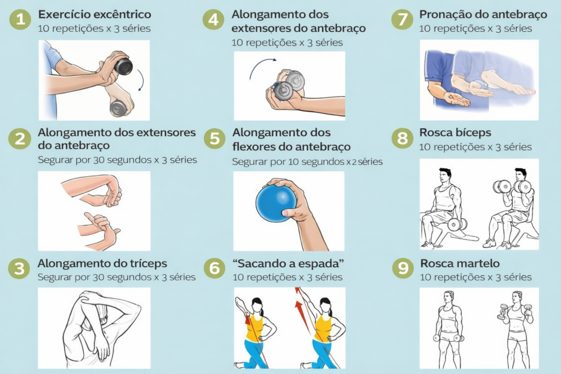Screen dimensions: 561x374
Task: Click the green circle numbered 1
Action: tap(20, 19)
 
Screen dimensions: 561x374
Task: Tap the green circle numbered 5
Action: tap(215, 139)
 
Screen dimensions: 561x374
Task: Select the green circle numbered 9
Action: tap(403, 268)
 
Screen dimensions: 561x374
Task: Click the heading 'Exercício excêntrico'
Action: tap(94, 14)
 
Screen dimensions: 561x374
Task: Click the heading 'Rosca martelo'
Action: tap(460, 263)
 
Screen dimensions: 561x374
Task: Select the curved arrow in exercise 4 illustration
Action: tap(260, 65)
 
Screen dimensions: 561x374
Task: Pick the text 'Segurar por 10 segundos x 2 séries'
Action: tap(307, 162)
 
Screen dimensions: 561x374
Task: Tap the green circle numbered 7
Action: tap(403, 19)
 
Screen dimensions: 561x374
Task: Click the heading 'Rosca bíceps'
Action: tap(455, 133)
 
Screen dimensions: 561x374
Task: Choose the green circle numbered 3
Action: tap(19, 268)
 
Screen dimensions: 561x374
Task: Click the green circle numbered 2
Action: tap(20, 139)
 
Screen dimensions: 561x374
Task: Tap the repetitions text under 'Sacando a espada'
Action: tap(287, 277)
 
